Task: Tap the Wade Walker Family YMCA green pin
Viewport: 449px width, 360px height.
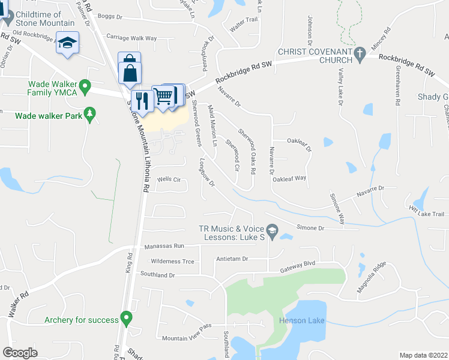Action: click(85, 88)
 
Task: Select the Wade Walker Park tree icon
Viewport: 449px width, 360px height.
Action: click(90, 113)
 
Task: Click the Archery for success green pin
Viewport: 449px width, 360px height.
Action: click(126, 317)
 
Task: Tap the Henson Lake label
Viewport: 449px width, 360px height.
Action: click(302, 320)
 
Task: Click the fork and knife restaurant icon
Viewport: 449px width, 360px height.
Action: click(142, 99)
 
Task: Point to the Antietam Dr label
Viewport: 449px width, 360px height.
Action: click(232, 259)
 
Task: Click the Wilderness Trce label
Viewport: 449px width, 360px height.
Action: click(172, 262)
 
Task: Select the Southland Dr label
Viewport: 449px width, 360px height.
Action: click(155, 275)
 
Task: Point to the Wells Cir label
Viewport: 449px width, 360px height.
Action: click(169, 179)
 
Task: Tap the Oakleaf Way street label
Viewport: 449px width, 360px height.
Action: click(289, 179)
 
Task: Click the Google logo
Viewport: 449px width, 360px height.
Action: click(20, 353)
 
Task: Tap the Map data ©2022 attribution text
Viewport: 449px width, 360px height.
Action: click(423, 355)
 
